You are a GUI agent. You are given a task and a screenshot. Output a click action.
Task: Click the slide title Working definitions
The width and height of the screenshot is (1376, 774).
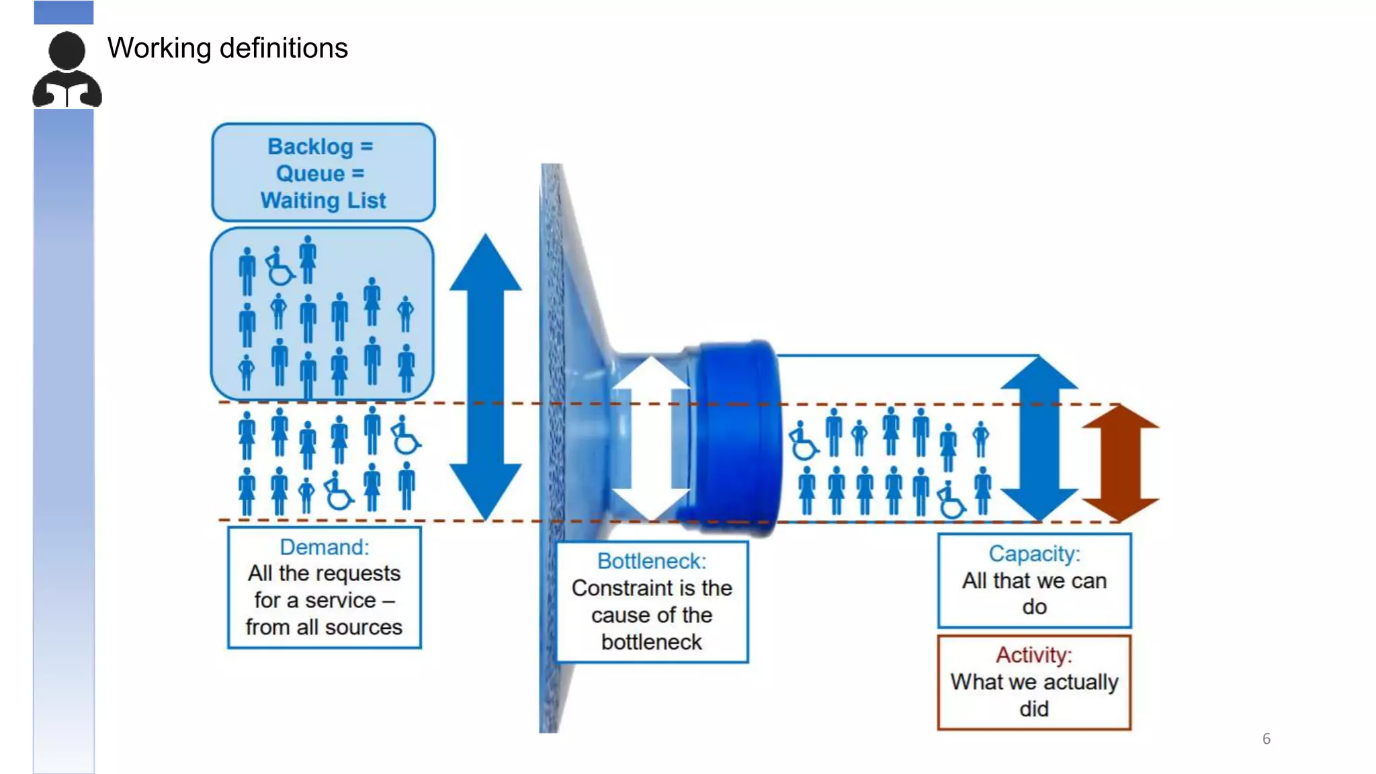coord(227,48)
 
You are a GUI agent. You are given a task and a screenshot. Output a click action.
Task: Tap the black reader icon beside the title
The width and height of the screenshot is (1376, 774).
coord(67,70)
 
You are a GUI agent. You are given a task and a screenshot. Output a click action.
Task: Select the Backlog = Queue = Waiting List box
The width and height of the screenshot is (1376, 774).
coord(323,173)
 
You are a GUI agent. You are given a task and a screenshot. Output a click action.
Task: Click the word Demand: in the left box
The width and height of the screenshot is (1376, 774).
coord(324,547)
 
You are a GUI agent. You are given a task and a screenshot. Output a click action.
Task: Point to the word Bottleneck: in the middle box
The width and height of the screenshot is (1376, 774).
coord(652,561)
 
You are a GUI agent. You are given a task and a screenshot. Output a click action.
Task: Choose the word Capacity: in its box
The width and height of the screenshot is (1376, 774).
coord(1034,554)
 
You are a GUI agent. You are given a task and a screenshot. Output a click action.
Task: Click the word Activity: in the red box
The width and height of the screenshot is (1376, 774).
coord(1034,655)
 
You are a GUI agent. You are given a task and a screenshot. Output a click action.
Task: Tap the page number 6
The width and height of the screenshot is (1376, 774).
coord(1266,739)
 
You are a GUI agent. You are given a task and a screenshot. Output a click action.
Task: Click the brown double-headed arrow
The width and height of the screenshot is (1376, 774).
coord(1120,463)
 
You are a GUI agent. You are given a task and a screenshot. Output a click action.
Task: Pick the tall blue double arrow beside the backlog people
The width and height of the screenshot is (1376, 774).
coord(485,376)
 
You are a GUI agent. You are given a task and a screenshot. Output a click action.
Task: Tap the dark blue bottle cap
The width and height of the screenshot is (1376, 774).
coord(736,437)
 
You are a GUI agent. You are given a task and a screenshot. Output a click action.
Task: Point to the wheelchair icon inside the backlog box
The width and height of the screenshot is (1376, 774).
coord(279,267)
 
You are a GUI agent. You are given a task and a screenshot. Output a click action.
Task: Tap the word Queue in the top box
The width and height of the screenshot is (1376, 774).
coord(310,173)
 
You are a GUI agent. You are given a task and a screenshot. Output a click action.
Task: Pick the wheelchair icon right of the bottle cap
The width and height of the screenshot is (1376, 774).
coord(802,441)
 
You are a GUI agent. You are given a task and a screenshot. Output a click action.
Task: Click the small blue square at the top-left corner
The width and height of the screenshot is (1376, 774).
coord(64,12)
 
